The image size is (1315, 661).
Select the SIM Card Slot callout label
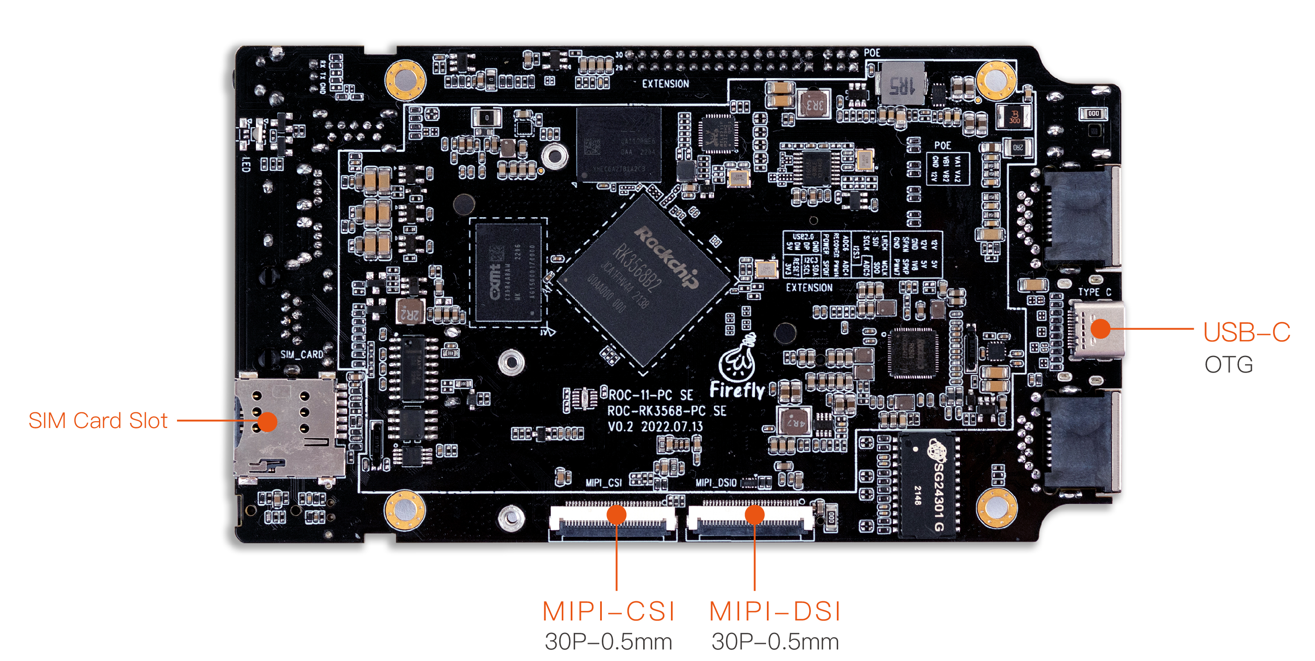point(98,421)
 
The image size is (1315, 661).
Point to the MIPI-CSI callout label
point(609,611)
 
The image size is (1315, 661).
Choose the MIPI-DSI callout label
point(775,611)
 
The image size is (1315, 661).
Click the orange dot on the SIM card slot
point(267,422)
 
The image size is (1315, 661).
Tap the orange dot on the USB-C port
point(1100,329)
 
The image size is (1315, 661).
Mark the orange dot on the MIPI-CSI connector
point(617,514)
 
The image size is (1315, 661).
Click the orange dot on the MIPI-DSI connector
point(755,514)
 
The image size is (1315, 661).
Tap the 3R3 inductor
point(814,104)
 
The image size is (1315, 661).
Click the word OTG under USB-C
point(1229,365)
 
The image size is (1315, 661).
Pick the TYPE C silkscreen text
point(1094,292)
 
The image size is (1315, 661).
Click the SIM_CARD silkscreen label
point(301,354)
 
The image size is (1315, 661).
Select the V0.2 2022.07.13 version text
point(655,427)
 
